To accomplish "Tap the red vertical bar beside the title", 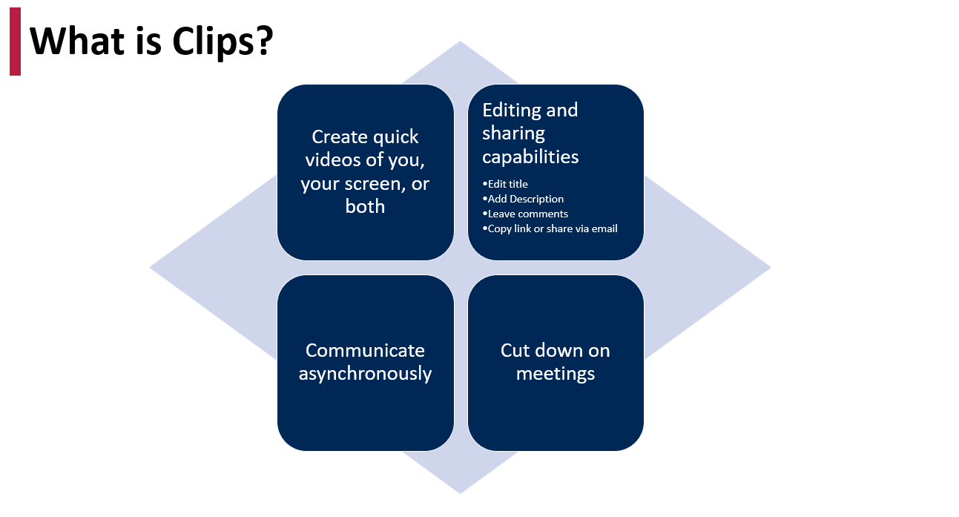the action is [16, 42].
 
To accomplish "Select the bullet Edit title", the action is [505, 184].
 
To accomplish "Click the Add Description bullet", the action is [523, 200].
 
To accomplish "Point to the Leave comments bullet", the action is [525, 214].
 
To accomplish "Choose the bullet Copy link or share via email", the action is [550, 228].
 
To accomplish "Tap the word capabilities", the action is [530, 157].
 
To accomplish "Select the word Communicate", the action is [365, 350].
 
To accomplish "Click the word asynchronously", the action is [365, 374].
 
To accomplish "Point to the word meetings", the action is [556, 374].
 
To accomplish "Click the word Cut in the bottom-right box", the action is [515, 350].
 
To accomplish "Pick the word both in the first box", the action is [365, 206].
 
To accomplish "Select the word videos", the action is [333, 159].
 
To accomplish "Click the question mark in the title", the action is [266, 41].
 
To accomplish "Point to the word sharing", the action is [514, 134].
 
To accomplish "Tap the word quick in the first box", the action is [395, 138].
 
